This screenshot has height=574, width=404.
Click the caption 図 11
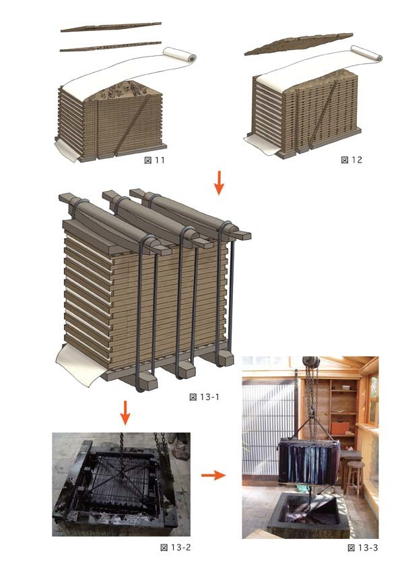pyautogui.click(x=154, y=161)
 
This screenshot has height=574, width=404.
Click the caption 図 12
pyautogui.click(x=351, y=160)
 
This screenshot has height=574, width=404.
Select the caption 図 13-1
pyautogui.click(x=205, y=397)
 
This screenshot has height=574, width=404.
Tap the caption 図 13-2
pyautogui.click(x=176, y=548)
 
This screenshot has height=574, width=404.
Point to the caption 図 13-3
pyautogui.click(x=363, y=548)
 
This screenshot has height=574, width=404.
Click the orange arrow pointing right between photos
pyautogui.click(x=213, y=476)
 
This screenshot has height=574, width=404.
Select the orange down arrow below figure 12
pyautogui.click(x=219, y=182)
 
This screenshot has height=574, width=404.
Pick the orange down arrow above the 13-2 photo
pyautogui.click(x=125, y=413)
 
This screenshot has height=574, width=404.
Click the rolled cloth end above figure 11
pyautogui.click(x=179, y=55)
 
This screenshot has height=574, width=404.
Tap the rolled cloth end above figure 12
pyautogui.click(x=367, y=53)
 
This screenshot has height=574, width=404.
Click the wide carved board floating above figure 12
pyautogui.click(x=299, y=43)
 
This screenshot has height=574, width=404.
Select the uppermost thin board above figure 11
pyautogui.click(x=110, y=27)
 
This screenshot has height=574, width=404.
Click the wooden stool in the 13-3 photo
pyautogui.click(x=353, y=476)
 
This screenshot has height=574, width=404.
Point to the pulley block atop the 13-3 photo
pyautogui.click(x=311, y=362)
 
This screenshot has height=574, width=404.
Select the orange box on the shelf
pyautogui.click(x=339, y=428)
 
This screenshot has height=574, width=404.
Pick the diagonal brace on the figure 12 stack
pyautogui.click(x=324, y=113)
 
